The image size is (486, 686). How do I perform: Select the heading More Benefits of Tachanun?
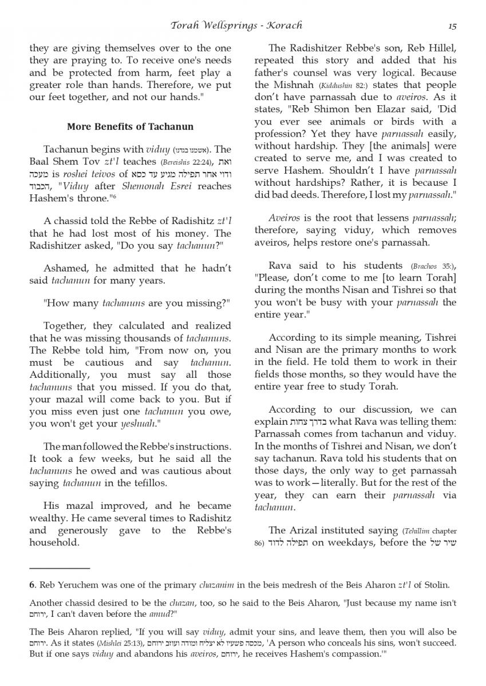[130, 126]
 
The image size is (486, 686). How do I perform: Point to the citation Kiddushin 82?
[321, 85]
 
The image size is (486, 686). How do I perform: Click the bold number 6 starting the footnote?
[33, 585]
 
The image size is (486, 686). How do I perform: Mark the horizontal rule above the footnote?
[60, 568]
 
